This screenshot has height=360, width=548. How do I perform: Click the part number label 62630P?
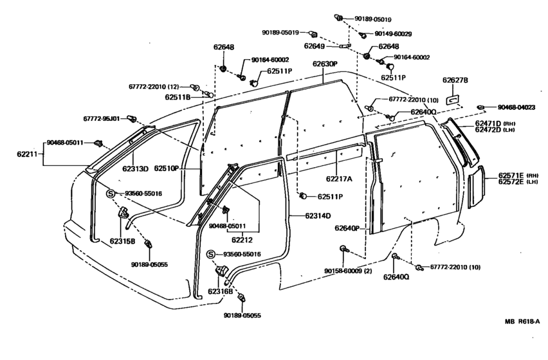(325, 64)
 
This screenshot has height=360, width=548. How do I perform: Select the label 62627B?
(455, 80)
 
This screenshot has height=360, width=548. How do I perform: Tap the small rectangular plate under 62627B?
(453, 100)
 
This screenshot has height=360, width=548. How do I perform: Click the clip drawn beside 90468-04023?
(482, 107)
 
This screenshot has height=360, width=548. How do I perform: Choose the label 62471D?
(488, 123)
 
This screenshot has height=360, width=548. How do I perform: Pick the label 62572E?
(511, 181)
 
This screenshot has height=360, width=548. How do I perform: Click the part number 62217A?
(339, 179)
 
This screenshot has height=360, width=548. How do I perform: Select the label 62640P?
(347, 228)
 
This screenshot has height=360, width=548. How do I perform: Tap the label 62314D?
(318, 216)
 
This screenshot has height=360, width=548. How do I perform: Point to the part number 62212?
(242, 240)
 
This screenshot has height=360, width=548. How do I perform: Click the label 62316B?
(220, 291)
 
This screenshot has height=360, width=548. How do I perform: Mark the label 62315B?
(122, 241)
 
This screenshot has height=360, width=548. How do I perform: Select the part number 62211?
(27, 154)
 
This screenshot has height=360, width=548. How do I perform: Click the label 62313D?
(135, 168)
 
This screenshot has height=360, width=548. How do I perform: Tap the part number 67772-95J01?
(102, 119)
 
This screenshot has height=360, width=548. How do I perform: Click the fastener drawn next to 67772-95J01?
(131, 119)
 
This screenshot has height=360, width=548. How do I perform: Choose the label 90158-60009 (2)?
(347, 271)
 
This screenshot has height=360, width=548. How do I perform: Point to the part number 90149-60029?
(393, 34)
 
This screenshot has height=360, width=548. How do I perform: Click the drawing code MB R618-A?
(522, 321)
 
